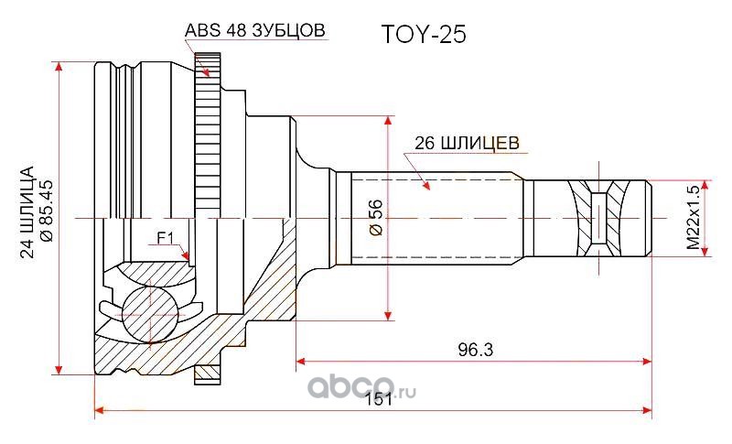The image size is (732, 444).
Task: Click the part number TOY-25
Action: click(x=424, y=34)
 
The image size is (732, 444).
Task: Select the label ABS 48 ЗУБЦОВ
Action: click(x=255, y=30)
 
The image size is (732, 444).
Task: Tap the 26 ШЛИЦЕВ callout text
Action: click(x=467, y=143)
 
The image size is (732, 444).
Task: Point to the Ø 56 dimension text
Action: click(x=376, y=217)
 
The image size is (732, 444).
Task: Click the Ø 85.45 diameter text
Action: click(x=48, y=211)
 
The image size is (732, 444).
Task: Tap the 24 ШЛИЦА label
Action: click(x=27, y=212)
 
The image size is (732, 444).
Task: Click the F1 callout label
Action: click(x=166, y=239)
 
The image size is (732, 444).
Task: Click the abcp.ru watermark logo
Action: click(x=361, y=387)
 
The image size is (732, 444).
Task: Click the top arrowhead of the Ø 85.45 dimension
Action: click(x=59, y=68)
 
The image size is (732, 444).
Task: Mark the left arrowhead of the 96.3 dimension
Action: click(x=303, y=362)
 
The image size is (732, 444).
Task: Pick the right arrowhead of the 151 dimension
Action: click(x=646, y=410)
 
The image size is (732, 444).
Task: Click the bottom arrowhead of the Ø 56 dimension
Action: click(x=388, y=314)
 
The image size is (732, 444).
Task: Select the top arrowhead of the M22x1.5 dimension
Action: click(x=705, y=186)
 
